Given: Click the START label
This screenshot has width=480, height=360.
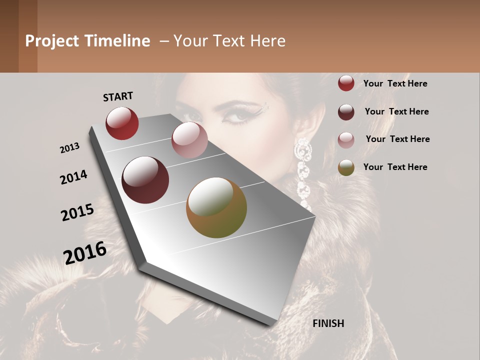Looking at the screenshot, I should [118, 96].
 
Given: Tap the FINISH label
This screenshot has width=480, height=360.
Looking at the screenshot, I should [328, 323].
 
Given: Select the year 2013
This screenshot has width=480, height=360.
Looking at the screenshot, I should [69, 148].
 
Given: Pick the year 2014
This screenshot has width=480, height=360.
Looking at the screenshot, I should [73, 177].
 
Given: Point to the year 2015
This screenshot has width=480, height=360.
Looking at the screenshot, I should [77, 212].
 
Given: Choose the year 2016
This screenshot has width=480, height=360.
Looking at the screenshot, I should [85, 252].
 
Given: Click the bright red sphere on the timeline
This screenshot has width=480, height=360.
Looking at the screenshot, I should [122, 123].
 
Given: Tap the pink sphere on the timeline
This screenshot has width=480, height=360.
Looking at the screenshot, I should [189, 140].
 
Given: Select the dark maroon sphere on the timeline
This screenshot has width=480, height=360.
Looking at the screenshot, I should [145, 180].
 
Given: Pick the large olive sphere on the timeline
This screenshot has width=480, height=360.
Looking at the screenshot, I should [216, 207].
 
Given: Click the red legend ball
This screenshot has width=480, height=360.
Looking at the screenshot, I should [346, 83].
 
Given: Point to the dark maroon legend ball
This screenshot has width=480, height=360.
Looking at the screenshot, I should [346, 112].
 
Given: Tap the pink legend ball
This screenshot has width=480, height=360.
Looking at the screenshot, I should [346, 140].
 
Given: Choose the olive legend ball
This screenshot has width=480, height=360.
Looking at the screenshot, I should [346, 167].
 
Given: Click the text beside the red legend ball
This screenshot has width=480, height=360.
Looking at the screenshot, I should [395, 83].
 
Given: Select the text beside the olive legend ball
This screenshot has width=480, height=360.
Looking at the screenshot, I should [395, 167].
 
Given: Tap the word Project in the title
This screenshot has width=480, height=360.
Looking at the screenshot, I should [52, 41].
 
